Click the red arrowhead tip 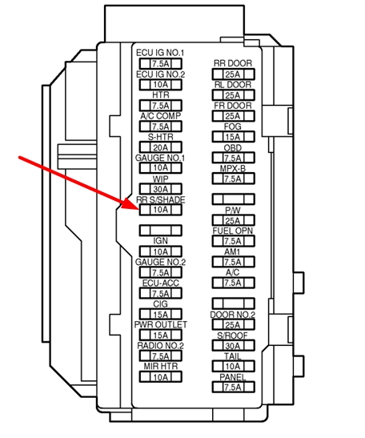[138, 208]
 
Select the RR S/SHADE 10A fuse [161, 210]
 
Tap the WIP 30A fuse [161, 189]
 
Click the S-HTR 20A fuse [161, 147]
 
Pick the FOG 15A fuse [233, 137]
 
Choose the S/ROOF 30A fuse [233, 346]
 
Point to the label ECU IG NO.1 [160, 53]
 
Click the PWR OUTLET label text [161, 324]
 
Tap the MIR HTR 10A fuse [161, 377]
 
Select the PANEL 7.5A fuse [233, 388]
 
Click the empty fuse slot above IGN [161, 231]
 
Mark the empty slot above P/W [233, 199]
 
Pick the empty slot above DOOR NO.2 [233, 303]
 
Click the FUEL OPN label [233, 231]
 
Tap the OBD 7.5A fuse [233, 158]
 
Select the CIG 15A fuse [161, 314]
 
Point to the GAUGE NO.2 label [160, 262]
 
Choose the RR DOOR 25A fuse [233, 74]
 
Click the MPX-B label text [233, 168]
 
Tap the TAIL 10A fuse [233, 366]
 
